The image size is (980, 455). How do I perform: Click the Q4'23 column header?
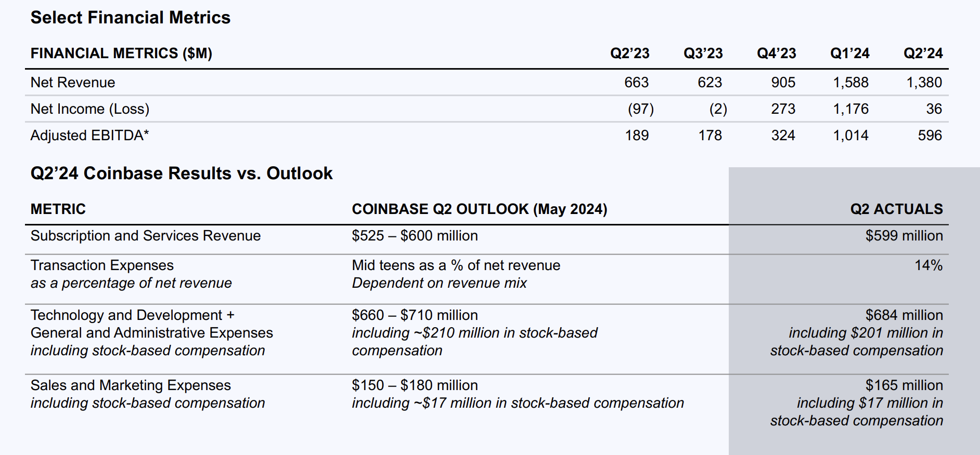click(x=776, y=53)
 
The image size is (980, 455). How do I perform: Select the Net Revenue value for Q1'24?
click(x=850, y=83)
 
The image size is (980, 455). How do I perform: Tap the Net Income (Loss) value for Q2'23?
click(x=640, y=109)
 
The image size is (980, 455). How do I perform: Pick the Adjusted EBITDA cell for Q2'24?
click(x=930, y=136)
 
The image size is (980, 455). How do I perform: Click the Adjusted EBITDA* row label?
click(x=89, y=136)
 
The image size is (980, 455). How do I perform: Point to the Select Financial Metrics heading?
click(x=130, y=18)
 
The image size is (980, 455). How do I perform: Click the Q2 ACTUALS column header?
click(x=896, y=209)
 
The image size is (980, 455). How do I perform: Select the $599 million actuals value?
click(x=904, y=236)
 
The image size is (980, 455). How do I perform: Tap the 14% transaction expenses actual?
click(x=929, y=265)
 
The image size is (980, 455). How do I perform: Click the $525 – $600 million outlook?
click(x=415, y=236)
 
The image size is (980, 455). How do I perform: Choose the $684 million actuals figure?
click(x=904, y=315)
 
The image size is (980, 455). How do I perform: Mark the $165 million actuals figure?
click(x=904, y=385)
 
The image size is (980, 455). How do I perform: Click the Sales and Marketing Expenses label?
click(x=131, y=385)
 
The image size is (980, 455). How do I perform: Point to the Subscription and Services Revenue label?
click(x=146, y=236)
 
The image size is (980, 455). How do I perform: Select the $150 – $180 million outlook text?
click(x=415, y=385)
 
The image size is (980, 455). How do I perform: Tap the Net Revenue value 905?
click(x=783, y=83)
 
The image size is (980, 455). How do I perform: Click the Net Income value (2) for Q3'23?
click(x=718, y=109)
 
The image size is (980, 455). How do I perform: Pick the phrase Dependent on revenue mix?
click(x=439, y=283)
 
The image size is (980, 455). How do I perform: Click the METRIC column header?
click(x=58, y=209)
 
